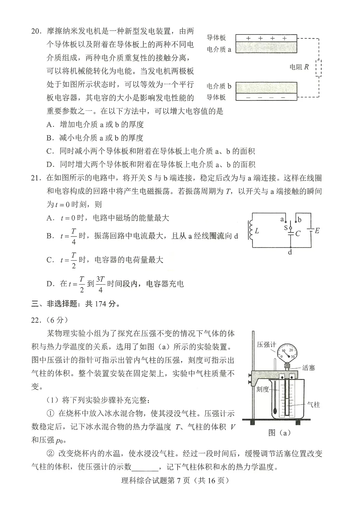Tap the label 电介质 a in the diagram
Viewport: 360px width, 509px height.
pos(219,49)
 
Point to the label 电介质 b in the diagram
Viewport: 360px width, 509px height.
pos(219,86)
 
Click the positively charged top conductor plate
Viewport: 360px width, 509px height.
pos(266,38)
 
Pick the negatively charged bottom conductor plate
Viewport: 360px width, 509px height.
pos(266,97)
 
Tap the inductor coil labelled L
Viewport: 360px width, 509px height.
pos(251,231)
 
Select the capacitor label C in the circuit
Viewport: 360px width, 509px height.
pos(298,233)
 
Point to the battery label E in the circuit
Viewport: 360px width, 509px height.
pos(317,231)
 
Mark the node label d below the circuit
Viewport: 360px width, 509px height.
pos(290,252)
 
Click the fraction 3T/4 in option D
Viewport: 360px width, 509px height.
pos(100,284)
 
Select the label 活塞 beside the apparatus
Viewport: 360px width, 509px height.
pos(309,368)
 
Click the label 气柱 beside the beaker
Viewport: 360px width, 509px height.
pos(313,405)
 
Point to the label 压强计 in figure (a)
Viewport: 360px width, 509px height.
pos(266,344)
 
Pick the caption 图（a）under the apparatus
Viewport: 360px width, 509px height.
pos(279,433)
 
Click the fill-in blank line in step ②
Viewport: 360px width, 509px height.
pos(145,467)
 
